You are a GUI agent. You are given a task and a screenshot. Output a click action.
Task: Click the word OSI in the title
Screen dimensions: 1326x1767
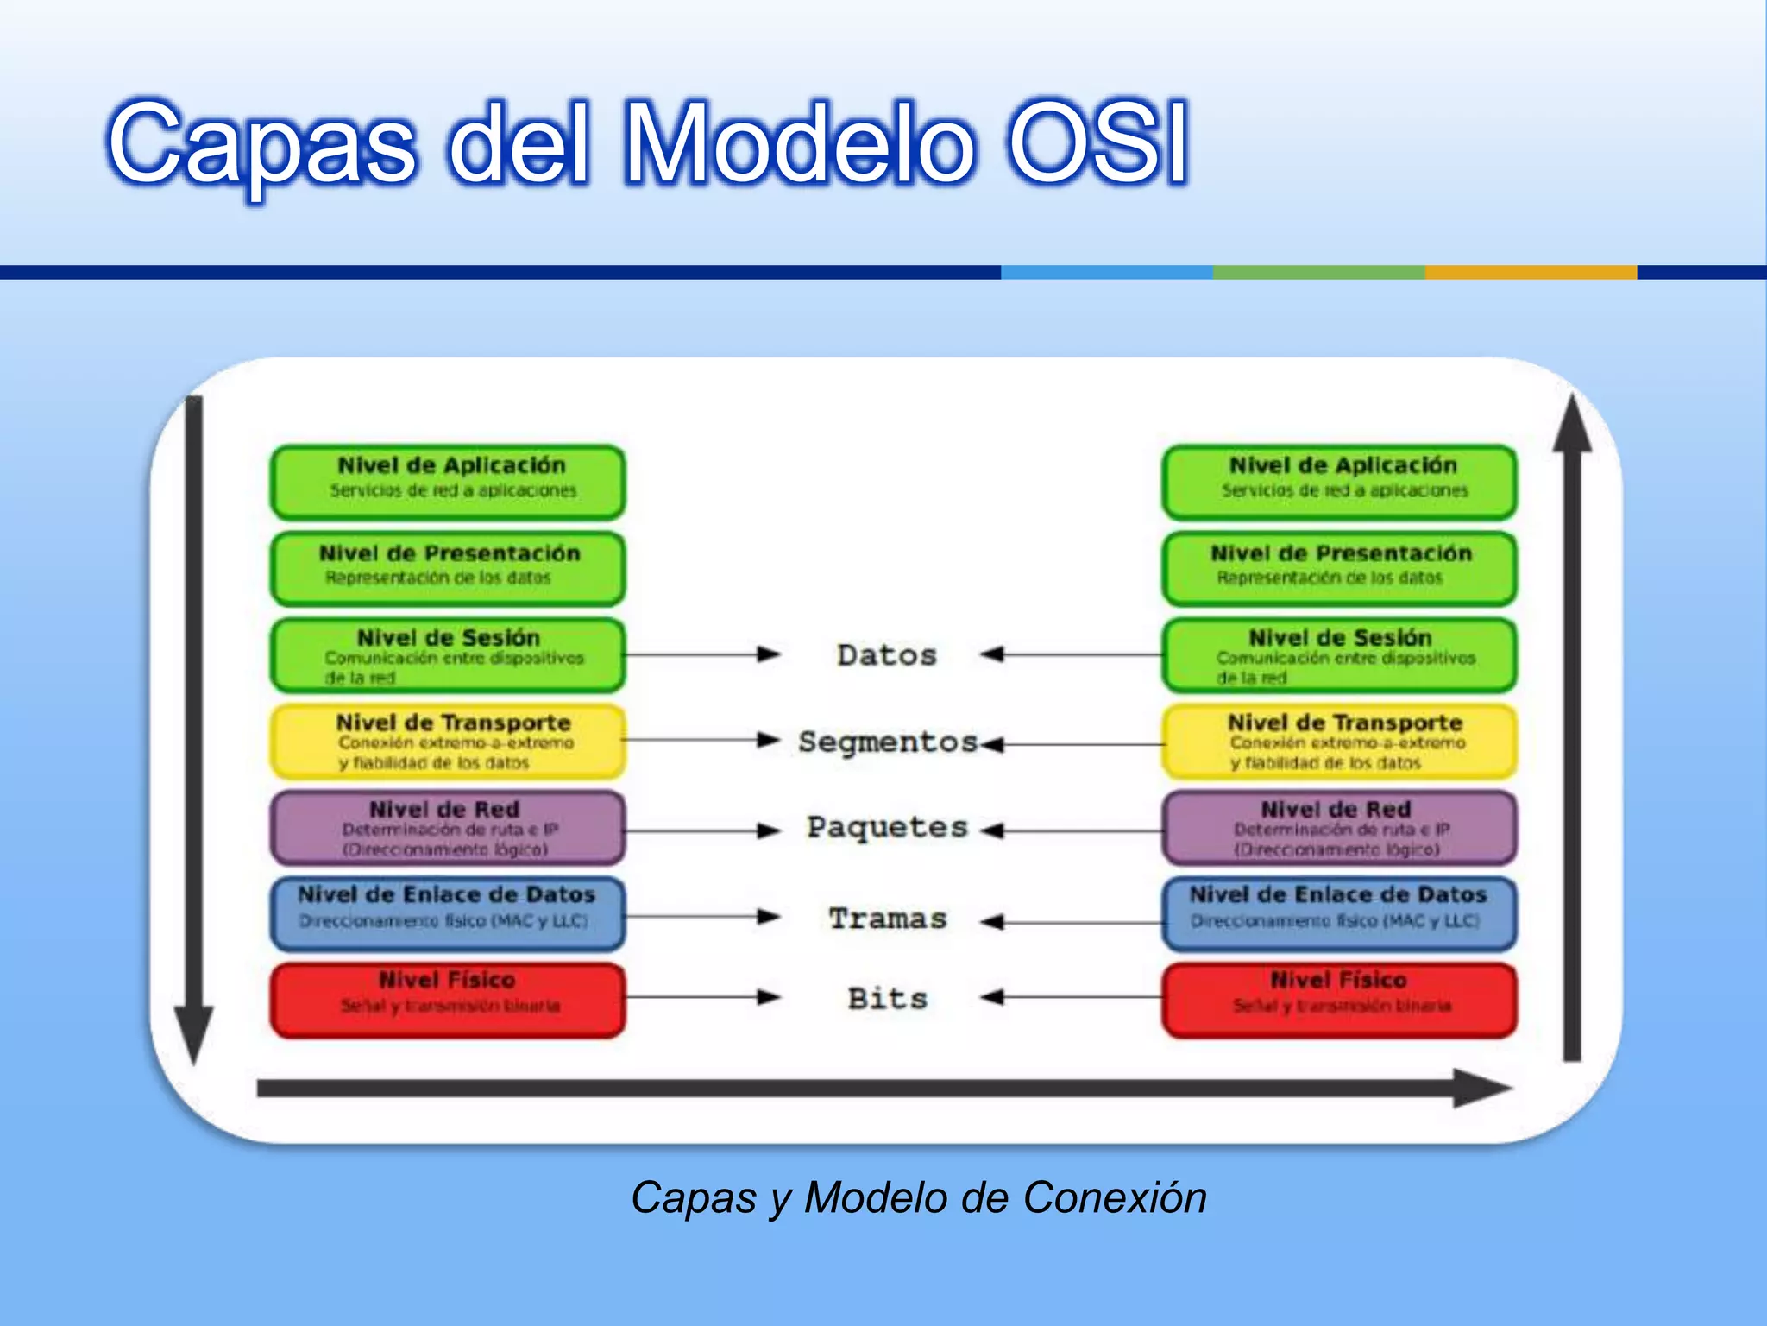coord(1097,142)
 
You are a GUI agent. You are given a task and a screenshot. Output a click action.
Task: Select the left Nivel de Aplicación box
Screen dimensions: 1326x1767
coord(448,481)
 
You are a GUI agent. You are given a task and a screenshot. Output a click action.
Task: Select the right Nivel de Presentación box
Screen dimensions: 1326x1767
coord(1339,567)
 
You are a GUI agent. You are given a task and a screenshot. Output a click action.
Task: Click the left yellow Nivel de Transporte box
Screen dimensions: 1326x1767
coord(448,741)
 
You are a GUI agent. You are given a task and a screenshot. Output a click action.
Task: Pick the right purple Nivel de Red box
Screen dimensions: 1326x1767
coord(1339,827)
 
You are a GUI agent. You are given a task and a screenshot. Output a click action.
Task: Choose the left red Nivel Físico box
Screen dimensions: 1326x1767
coord(448,999)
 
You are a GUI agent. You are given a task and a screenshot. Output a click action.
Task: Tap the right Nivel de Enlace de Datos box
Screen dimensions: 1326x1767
coord(1339,912)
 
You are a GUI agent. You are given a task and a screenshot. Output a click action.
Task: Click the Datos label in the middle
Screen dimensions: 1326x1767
coord(886,655)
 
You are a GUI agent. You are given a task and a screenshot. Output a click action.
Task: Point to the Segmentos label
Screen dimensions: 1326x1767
coord(887,742)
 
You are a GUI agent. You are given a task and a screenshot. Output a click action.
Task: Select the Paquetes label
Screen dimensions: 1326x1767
coord(887,827)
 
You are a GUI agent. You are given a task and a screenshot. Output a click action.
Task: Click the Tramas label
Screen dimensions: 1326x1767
coord(888,918)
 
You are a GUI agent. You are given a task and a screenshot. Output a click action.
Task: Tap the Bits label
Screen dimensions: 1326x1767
coord(887,998)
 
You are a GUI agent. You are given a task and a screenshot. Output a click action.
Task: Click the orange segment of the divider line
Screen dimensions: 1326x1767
coord(1530,272)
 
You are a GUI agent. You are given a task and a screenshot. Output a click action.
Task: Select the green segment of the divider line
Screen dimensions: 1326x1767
coord(1317,272)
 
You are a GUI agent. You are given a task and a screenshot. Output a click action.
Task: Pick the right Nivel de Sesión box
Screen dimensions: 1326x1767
coord(1339,654)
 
